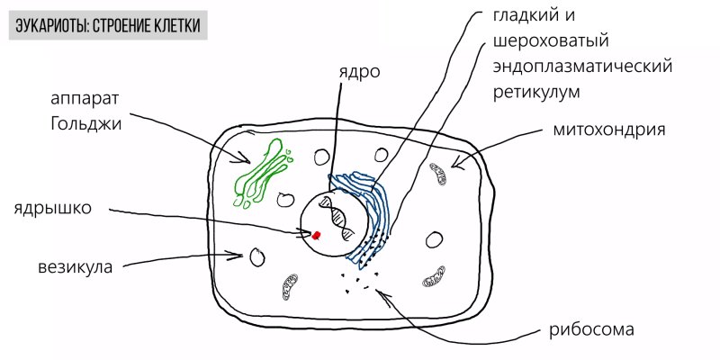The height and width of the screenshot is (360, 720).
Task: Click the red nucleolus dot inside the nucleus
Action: pyautogui.click(x=316, y=235)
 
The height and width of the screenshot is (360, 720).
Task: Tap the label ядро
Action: pyautogui.click(x=360, y=72)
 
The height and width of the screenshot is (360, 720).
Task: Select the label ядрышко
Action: pyautogui.click(x=53, y=208)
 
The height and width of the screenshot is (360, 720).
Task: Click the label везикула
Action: pyautogui.click(x=76, y=267)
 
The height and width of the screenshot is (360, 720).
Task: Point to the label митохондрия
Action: pyautogui.click(x=609, y=130)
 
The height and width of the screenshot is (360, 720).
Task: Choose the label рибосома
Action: pyautogui.click(x=591, y=329)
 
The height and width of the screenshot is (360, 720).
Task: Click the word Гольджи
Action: pyautogui.click(x=86, y=123)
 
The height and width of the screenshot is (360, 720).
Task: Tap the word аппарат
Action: pyautogui.click(x=85, y=100)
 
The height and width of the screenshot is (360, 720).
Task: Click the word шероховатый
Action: pyautogui.click(x=551, y=41)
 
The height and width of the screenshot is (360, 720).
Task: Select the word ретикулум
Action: pyautogui.click(x=536, y=93)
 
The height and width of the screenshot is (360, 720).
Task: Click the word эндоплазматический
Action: pyautogui.click(x=582, y=67)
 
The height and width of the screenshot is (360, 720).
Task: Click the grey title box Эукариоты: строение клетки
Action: pyautogui.click(x=108, y=25)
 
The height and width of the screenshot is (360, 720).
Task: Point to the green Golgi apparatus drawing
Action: pyautogui.click(x=263, y=173)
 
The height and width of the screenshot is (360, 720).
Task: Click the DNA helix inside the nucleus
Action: pyautogui.click(x=338, y=218)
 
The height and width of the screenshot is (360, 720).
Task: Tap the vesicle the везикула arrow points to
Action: pyautogui.click(x=257, y=257)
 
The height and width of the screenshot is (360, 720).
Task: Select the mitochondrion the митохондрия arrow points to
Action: pyautogui.click(x=438, y=174)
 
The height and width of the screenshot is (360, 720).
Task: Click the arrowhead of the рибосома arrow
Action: pyautogui.click(x=379, y=292)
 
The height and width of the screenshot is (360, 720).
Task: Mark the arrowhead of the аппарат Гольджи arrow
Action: pyautogui.click(x=248, y=161)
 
